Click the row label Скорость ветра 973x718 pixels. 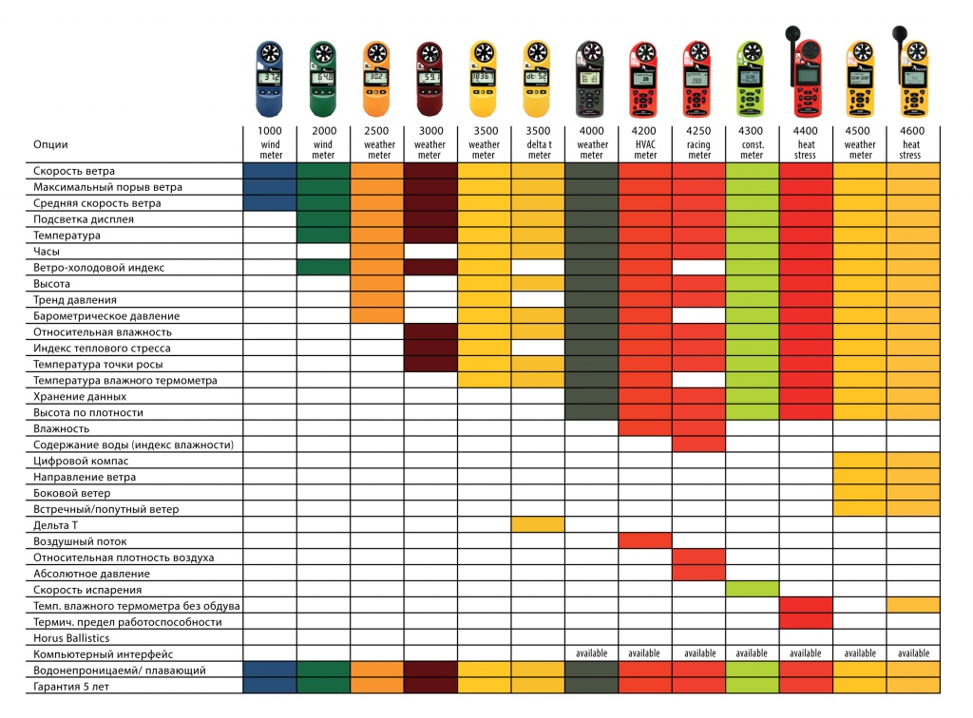(73, 171)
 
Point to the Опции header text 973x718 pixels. (49, 144)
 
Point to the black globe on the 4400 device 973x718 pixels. (792, 32)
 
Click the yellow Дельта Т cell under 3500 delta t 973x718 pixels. (538, 524)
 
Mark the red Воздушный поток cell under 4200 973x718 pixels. (645, 540)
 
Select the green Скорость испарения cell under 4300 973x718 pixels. (752, 589)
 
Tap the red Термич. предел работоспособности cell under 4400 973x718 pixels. (806, 621)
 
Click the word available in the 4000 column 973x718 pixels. (591, 653)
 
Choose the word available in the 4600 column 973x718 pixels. (913, 653)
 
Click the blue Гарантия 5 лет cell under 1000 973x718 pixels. (270, 686)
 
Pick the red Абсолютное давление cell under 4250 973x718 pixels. (698, 573)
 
